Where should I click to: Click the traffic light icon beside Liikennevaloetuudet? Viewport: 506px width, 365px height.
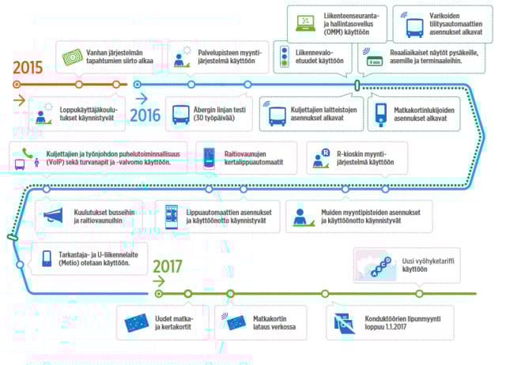(x=286, y=57)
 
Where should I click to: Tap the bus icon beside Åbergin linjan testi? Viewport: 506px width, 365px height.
(x=180, y=115)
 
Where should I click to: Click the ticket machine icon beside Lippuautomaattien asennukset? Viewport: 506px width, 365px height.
(x=172, y=215)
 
